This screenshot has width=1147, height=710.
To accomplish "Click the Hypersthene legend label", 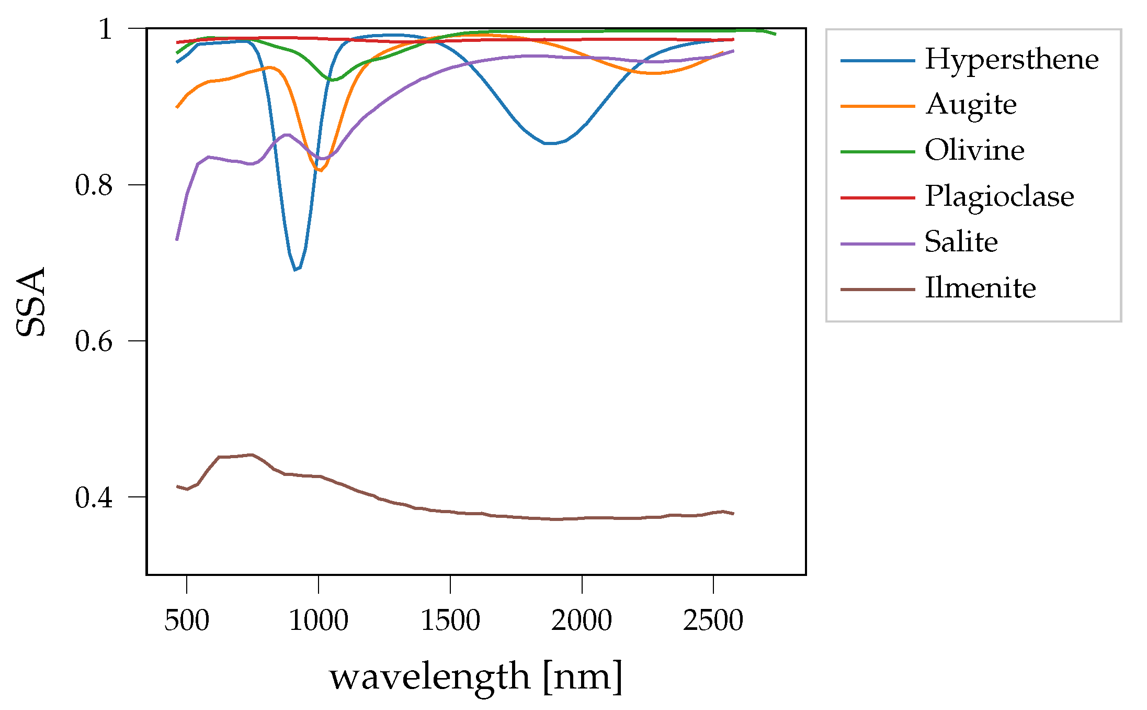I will (1011, 59).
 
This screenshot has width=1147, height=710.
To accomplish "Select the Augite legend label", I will (971, 105).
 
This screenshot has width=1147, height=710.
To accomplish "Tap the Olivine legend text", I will (974, 151).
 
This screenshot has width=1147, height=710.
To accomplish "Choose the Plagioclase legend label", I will (999, 197).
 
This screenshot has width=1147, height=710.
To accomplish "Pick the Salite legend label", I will (961, 242).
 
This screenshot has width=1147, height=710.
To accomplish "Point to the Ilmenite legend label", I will (980, 288).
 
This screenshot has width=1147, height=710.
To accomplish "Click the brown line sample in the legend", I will (878, 289).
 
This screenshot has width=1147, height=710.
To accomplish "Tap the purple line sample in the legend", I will (878, 244).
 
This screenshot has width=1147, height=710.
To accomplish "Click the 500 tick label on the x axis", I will (187, 621).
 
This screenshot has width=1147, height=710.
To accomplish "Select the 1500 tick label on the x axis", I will (450, 621).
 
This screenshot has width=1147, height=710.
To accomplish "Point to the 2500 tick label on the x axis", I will (713, 621).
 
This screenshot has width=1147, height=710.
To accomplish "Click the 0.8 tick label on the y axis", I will (94, 185).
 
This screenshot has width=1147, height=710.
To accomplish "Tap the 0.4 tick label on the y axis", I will (94, 497).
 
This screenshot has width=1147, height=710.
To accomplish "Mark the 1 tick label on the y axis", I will (106, 29).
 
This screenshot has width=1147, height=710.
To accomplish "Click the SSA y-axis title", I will (31, 302).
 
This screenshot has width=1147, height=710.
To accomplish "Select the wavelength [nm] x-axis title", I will (476, 677).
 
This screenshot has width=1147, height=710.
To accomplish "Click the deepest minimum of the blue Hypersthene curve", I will (296, 270).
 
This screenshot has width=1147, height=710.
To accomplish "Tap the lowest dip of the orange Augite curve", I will (320, 170).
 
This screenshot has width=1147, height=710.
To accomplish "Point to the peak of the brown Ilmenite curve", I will (252, 454).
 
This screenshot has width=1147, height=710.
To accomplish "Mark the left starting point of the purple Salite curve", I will (177, 239).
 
